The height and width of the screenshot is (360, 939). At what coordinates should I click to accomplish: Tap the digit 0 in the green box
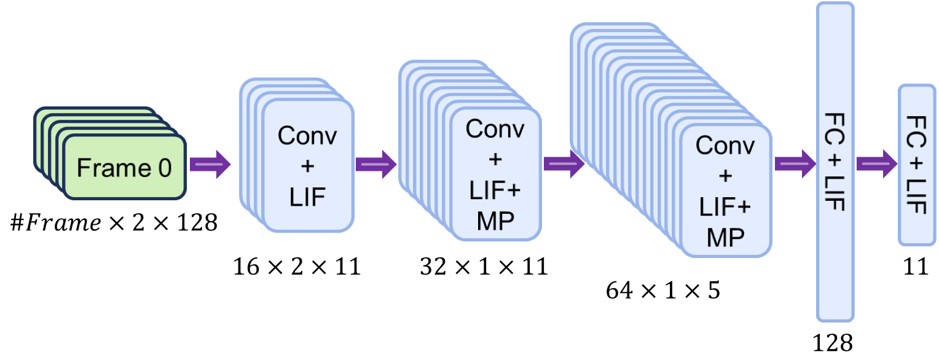164,168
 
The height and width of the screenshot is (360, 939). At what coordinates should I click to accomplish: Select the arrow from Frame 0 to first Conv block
210,165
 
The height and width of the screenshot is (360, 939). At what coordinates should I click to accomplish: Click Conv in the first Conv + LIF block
307,135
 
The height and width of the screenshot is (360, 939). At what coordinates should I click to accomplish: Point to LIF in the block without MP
307,198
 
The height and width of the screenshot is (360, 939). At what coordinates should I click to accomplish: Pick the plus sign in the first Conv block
307,166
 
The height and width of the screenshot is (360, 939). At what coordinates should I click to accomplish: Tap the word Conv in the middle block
495,129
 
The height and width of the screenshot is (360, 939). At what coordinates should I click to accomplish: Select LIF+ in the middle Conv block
495,191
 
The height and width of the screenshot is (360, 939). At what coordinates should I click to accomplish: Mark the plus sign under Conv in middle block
495,160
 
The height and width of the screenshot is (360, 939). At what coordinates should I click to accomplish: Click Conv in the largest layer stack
725,145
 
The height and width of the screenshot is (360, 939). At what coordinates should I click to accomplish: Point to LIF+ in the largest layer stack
725,208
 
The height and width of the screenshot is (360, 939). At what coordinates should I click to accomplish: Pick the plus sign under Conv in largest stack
725,176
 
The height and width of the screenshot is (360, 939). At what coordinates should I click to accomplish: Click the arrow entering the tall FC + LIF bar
795,164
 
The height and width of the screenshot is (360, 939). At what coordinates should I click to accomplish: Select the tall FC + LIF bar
835,162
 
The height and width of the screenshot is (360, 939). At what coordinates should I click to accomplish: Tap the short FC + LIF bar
916,165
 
